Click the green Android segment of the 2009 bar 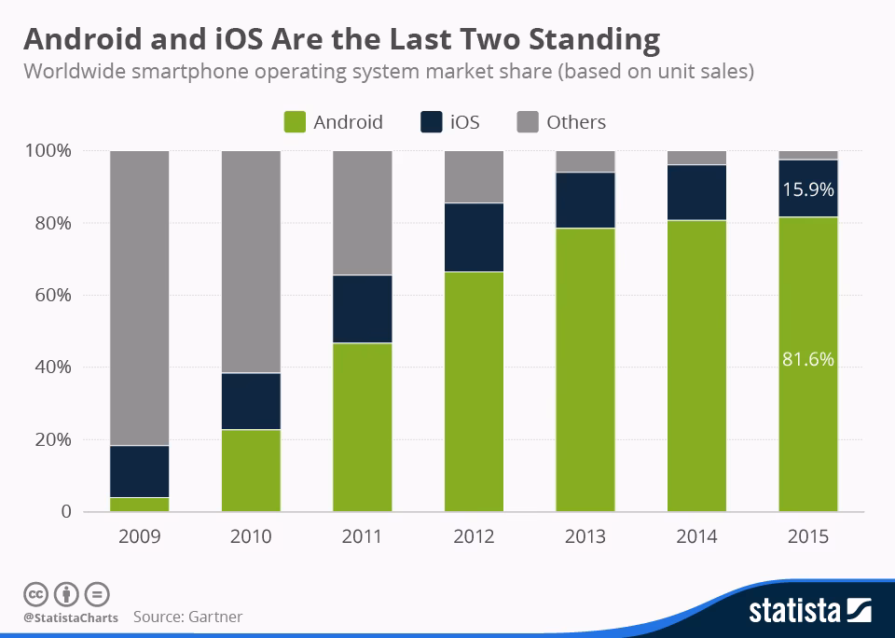click(x=139, y=505)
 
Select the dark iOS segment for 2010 click(x=251, y=401)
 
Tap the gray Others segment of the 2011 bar click(x=363, y=213)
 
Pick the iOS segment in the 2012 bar click(x=474, y=237)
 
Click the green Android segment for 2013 click(x=585, y=369)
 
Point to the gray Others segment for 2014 click(x=696, y=158)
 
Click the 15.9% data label click(x=808, y=189)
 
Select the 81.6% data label click(x=808, y=359)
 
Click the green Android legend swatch click(x=294, y=122)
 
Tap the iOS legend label click(x=464, y=122)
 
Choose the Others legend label click(x=575, y=122)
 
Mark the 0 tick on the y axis click(x=66, y=512)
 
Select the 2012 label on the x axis click(x=474, y=537)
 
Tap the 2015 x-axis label click(x=808, y=537)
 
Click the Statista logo click(x=810, y=612)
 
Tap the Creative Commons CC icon click(x=35, y=594)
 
